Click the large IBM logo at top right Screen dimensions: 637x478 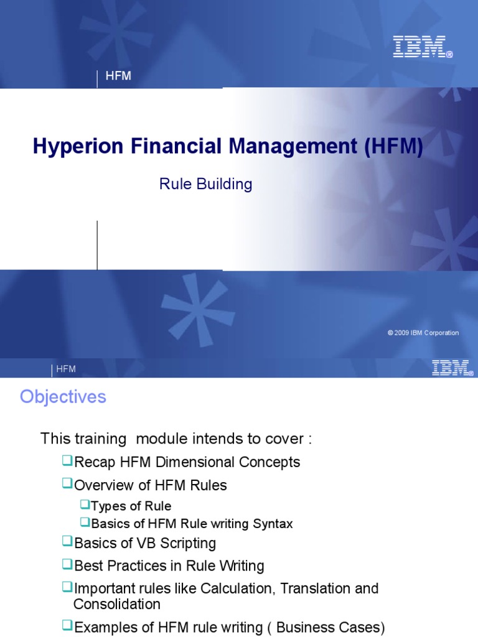[x=419, y=47]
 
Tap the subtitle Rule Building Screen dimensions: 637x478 [x=206, y=184]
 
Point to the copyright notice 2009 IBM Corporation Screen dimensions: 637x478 [x=423, y=333]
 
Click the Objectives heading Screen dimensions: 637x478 [x=63, y=397]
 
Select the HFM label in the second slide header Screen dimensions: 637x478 [x=66, y=369]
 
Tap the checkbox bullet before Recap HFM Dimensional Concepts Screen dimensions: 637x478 [x=67, y=461]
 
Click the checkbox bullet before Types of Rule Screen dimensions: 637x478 [x=85, y=504]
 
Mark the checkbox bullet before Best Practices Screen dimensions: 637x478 [x=67, y=564]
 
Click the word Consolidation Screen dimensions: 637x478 [x=117, y=604]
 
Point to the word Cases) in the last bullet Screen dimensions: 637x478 [x=362, y=627]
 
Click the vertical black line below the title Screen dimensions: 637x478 [x=97, y=245]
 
